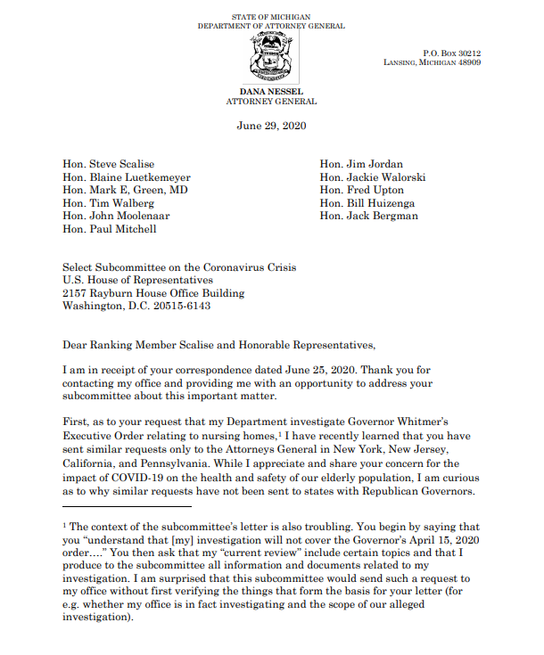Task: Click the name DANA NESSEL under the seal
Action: click(271, 92)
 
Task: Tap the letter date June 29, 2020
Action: click(271, 126)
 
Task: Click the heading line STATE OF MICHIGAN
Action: click(271, 17)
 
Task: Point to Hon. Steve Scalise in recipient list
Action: click(108, 164)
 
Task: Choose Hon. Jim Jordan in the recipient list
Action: click(361, 164)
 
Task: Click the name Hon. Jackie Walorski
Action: click(372, 177)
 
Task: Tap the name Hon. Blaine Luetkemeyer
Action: click(128, 177)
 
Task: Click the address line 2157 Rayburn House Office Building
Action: click(152, 293)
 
